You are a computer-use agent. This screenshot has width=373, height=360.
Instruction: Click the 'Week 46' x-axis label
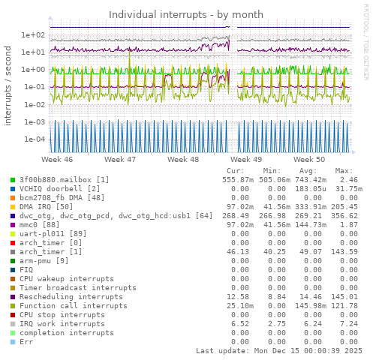(x=57, y=160)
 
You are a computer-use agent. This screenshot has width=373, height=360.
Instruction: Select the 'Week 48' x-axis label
(x=183, y=160)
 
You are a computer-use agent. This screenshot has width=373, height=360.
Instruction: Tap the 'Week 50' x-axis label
(x=309, y=160)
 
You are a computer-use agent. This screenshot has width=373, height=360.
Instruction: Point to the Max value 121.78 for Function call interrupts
(x=344, y=306)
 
